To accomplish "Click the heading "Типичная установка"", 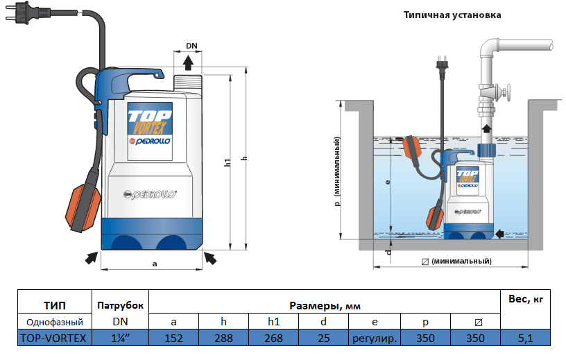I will click(x=452, y=15).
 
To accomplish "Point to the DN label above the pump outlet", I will click(x=191, y=46).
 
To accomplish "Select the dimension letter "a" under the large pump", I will click(x=154, y=264).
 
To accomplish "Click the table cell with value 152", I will click(x=174, y=338).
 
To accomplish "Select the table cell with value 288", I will click(x=223, y=338).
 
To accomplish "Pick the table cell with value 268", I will click(x=273, y=338).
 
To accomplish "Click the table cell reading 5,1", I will click(x=525, y=338).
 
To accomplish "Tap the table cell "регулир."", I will click(x=375, y=338).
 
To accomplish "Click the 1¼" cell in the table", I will click(x=120, y=338).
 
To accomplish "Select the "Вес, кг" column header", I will click(x=525, y=300).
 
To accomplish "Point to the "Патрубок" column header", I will click(x=120, y=305).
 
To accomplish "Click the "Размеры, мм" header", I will click(x=325, y=305).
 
